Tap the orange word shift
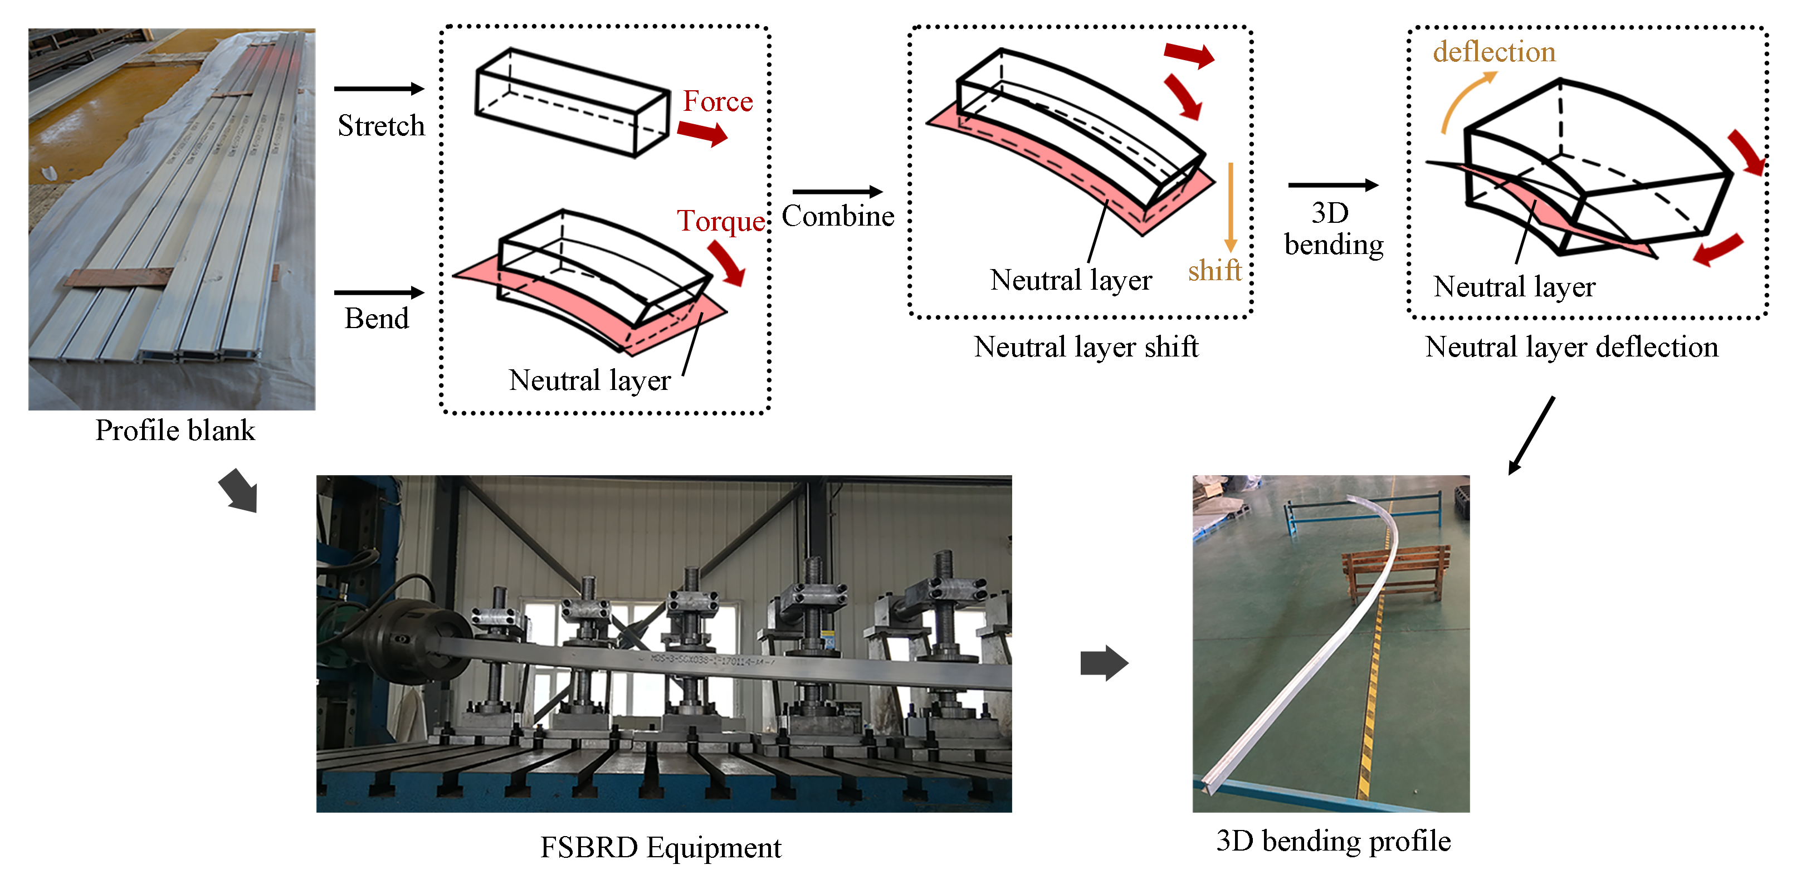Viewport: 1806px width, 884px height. pos(1214,271)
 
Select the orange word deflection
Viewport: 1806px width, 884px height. pos(1494,52)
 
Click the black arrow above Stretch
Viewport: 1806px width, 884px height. pos(379,89)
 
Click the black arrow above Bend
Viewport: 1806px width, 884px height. pos(379,292)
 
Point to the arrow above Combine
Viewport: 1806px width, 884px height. pos(837,192)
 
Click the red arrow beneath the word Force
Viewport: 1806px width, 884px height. pos(702,133)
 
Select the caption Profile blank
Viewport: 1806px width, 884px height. pos(175,431)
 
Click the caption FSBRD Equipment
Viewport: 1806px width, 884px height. pos(661,848)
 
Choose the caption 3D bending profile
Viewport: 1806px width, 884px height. pos(1334,841)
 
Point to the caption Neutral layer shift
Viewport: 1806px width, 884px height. pos(1086,347)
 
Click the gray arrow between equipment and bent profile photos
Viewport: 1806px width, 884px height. pos(1104,662)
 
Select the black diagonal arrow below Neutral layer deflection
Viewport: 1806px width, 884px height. pos(1532,434)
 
